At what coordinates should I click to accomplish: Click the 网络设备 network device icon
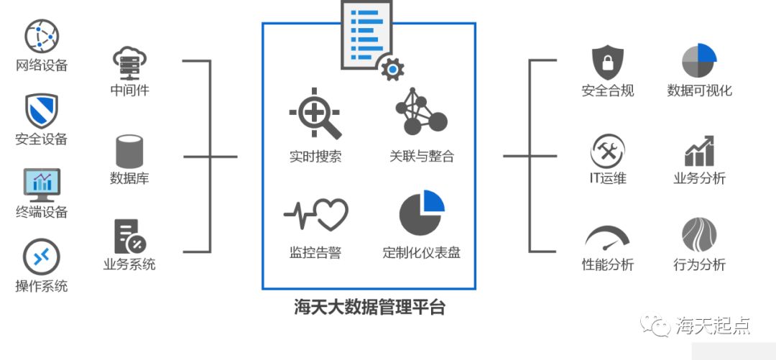point(42,36)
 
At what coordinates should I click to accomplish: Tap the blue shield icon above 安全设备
point(42,110)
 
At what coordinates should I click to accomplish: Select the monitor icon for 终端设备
point(42,185)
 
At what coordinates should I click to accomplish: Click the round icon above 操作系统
point(42,257)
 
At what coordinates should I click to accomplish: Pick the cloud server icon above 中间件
point(130,63)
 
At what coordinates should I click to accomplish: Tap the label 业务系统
point(129,264)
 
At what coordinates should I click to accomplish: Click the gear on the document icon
point(392,69)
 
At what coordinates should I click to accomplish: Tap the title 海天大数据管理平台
point(369,308)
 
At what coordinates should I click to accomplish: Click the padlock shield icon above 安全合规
point(608,63)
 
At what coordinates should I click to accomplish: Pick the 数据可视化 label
point(699,91)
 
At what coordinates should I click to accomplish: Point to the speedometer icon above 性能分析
point(608,237)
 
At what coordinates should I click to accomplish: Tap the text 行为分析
point(699,264)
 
